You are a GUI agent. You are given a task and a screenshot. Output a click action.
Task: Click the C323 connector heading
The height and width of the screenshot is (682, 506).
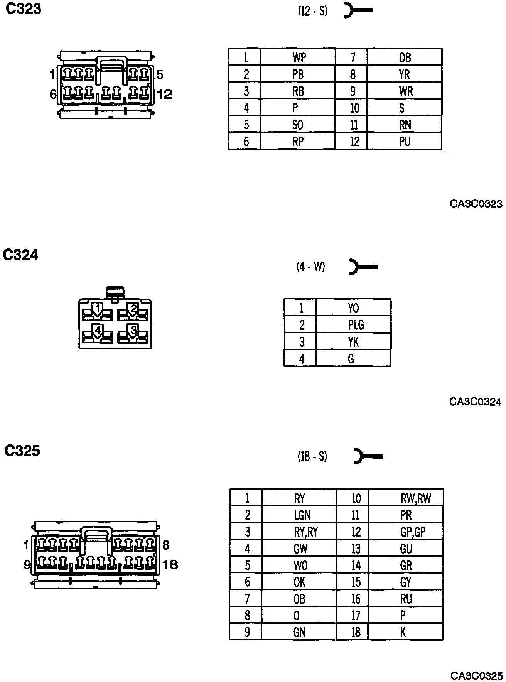point(23,8)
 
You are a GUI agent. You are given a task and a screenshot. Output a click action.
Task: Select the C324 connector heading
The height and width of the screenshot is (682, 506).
point(20,255)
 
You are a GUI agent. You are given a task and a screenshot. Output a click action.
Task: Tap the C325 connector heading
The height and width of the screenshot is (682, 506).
point(22,451)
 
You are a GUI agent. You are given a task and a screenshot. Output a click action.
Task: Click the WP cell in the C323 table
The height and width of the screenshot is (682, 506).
point(299,57)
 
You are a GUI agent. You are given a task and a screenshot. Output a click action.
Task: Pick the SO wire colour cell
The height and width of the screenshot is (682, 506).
point(297,125)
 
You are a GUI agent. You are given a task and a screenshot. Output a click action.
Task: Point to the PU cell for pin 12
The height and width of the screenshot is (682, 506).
point(405,142)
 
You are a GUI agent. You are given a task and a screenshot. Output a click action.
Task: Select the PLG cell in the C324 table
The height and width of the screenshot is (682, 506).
point(355,325)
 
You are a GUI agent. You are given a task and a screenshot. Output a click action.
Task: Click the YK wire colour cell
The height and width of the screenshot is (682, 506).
point(353,342)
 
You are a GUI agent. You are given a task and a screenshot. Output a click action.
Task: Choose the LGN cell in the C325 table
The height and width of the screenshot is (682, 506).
point(302,515)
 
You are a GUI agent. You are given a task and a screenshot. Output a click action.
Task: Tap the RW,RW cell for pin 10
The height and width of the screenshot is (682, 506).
point(415,498)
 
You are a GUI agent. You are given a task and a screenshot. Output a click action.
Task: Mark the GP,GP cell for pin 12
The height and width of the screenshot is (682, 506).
point(412,532)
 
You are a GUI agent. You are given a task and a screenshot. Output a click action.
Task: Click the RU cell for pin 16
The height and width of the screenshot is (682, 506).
point(406,599)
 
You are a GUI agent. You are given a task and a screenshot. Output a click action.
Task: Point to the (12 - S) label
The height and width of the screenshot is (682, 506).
point(312,11)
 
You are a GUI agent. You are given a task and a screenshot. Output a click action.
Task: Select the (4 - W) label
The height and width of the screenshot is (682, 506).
point(310,267)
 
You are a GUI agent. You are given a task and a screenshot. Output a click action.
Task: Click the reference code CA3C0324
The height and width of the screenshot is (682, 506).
point(475,402)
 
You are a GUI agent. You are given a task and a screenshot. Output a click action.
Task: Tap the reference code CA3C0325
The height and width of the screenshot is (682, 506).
point(476,676)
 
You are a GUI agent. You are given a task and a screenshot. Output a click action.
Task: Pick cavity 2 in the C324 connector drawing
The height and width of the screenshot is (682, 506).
point(133,310)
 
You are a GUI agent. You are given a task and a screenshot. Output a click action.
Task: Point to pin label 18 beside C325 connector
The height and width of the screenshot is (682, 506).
point(170,565)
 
